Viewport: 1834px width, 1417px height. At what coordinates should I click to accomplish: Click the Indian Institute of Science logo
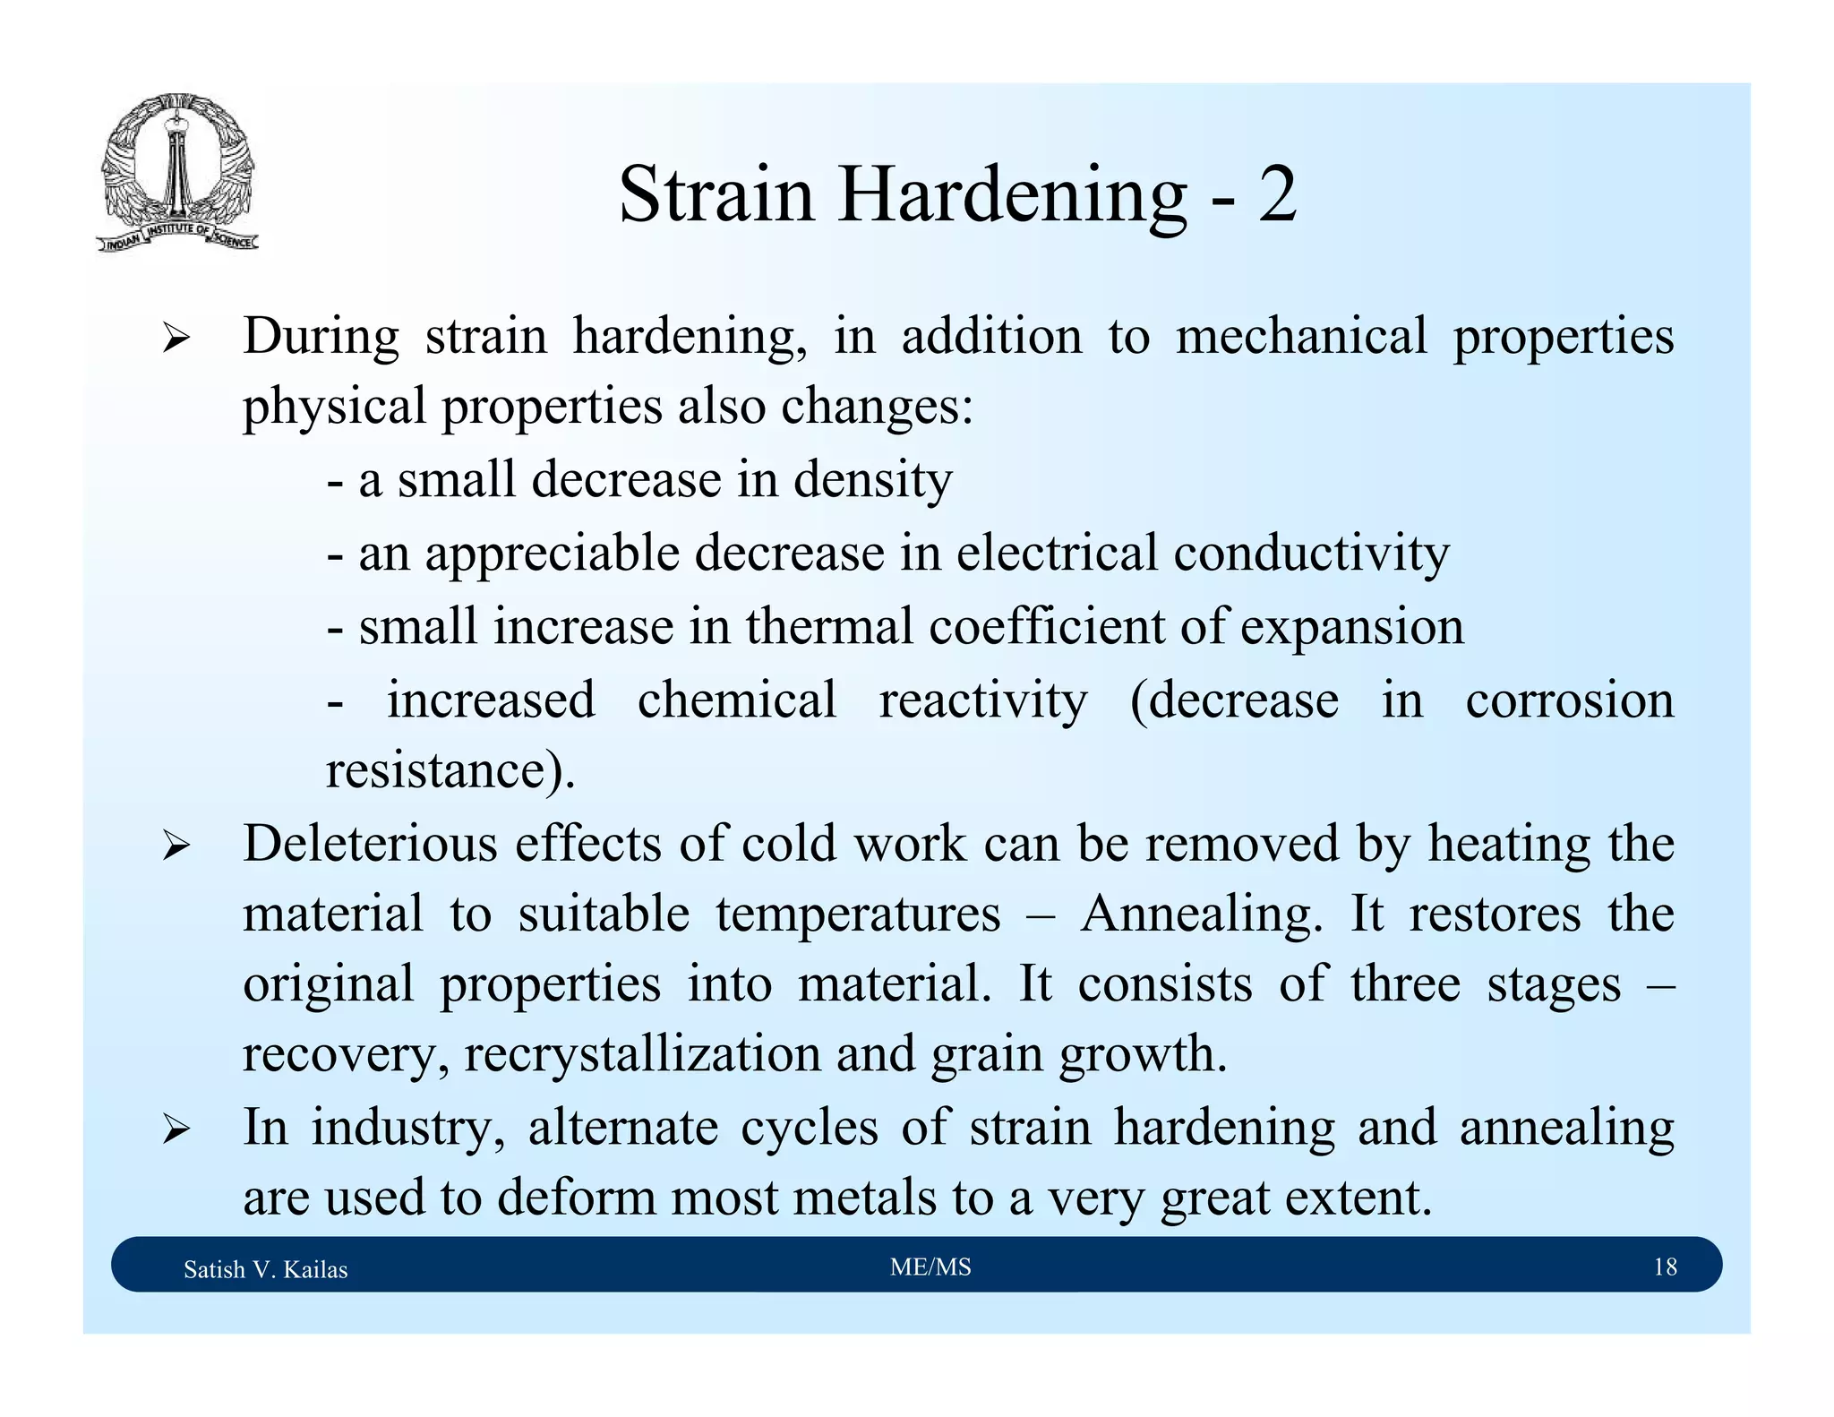pos(177,173)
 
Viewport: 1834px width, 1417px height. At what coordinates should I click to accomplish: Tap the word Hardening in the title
pos(1012,197)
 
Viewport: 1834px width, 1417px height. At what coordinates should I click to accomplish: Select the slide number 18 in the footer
pos(1665,1267)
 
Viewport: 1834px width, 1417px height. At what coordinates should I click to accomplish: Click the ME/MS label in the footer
pos(930,1267)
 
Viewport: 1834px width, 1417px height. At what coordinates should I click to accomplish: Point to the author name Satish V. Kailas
pos(265,1269)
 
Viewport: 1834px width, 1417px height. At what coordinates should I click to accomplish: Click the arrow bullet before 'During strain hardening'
pos(176,339)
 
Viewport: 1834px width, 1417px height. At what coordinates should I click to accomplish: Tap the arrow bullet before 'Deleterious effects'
pos(176,846)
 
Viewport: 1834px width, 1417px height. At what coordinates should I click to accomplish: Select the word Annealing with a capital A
pos(1201,915)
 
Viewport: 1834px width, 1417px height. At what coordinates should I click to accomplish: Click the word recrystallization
pos(642,1054)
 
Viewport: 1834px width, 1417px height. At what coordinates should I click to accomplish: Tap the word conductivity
pos(1311,554)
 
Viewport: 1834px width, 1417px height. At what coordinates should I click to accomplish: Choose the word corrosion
pos(1569,700)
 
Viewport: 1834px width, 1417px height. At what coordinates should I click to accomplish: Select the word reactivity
pos(982,700)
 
